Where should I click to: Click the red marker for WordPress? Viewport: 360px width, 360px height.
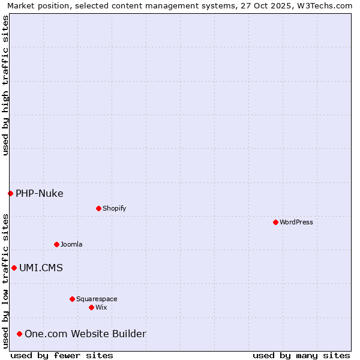coord(275,222)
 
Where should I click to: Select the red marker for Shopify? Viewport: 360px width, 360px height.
coord(98,208)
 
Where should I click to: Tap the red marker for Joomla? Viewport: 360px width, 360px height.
coord(56,244)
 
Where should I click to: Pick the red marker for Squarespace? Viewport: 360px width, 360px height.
coord(72,299)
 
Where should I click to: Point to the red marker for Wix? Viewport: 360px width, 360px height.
coord(91,307)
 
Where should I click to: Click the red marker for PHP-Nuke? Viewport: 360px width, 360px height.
coord(10,193)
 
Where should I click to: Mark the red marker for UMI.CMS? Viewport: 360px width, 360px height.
coord(14,268)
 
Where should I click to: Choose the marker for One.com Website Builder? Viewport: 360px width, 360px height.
coord(20,334)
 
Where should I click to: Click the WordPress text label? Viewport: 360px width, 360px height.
coord(296,222)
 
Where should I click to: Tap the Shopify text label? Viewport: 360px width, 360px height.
coord(115,208)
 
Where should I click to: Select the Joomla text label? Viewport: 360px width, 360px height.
coord(71,244)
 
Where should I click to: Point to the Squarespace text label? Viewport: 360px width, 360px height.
coord(97,299)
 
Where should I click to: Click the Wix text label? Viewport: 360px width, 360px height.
coord(101,307)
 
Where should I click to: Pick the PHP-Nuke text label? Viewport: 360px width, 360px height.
coord(40,193)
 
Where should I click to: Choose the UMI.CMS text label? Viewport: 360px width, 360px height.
coord(41,268)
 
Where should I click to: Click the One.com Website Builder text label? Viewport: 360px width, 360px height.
coord(85,334)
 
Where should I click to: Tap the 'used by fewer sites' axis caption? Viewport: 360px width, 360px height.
coord(62,355)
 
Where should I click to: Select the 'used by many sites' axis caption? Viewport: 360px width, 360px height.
coord(301,355)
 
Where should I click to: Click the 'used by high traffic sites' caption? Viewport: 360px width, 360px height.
coord(5,85)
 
